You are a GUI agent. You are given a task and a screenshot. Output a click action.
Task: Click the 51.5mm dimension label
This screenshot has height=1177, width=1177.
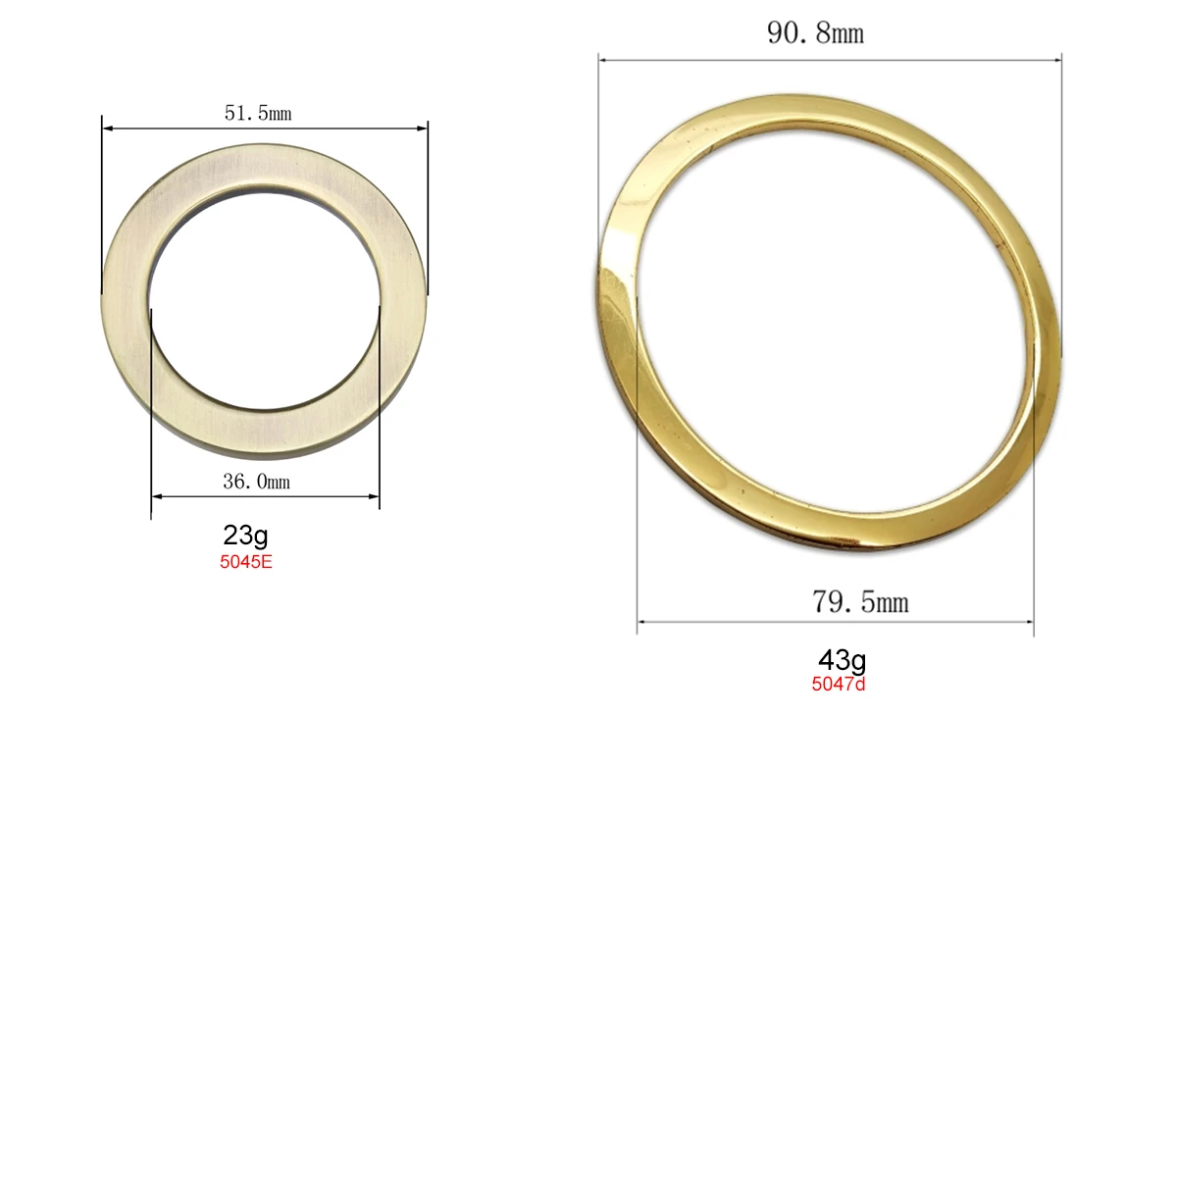pos(258,113)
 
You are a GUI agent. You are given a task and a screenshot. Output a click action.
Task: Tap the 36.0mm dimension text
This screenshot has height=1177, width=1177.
pos(256,482)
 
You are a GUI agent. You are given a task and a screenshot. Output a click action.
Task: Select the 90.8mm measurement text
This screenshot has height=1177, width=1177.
pos(815,33)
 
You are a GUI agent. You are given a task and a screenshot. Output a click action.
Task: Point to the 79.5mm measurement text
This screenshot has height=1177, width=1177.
pos(860,601)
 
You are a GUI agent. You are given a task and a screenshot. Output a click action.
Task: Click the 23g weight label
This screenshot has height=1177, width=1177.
pos(245,536)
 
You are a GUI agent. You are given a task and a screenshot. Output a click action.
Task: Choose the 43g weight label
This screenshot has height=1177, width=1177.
pos(842,660)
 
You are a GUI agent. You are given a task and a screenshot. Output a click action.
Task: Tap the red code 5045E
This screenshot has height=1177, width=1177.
pos(245,563)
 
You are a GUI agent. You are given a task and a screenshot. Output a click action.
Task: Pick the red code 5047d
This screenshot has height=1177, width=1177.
pos(839,685)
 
